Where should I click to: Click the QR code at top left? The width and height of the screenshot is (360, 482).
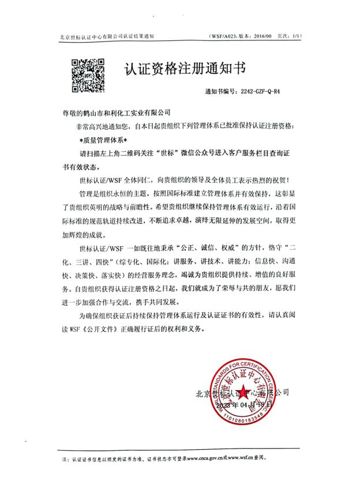(x=88, y=75)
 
